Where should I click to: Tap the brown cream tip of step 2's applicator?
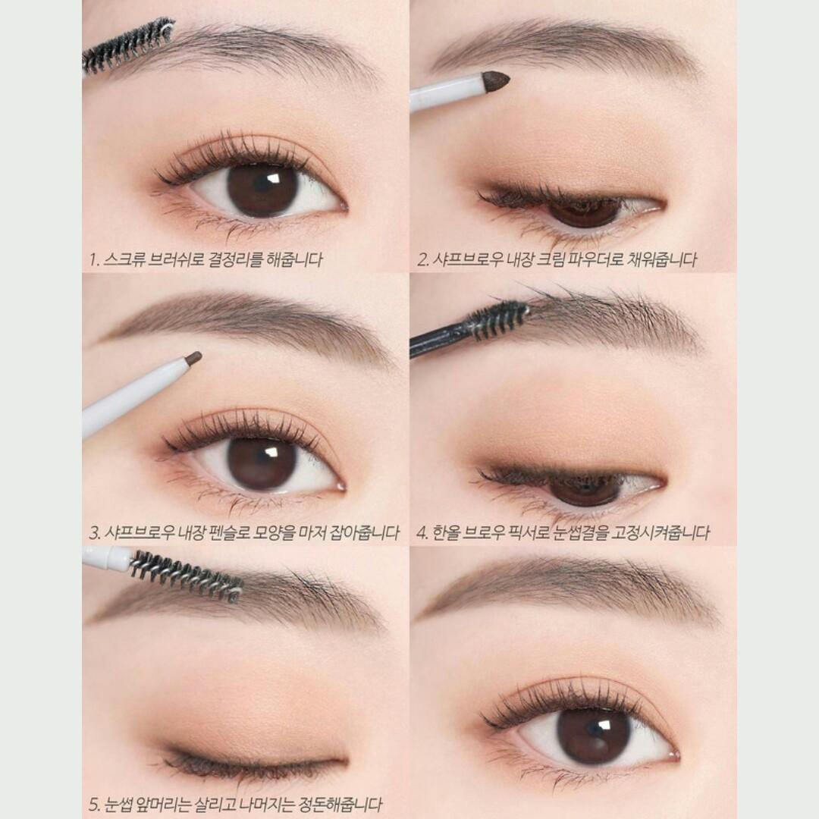pos(496,78)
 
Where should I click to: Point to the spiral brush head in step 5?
pos(186,575)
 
